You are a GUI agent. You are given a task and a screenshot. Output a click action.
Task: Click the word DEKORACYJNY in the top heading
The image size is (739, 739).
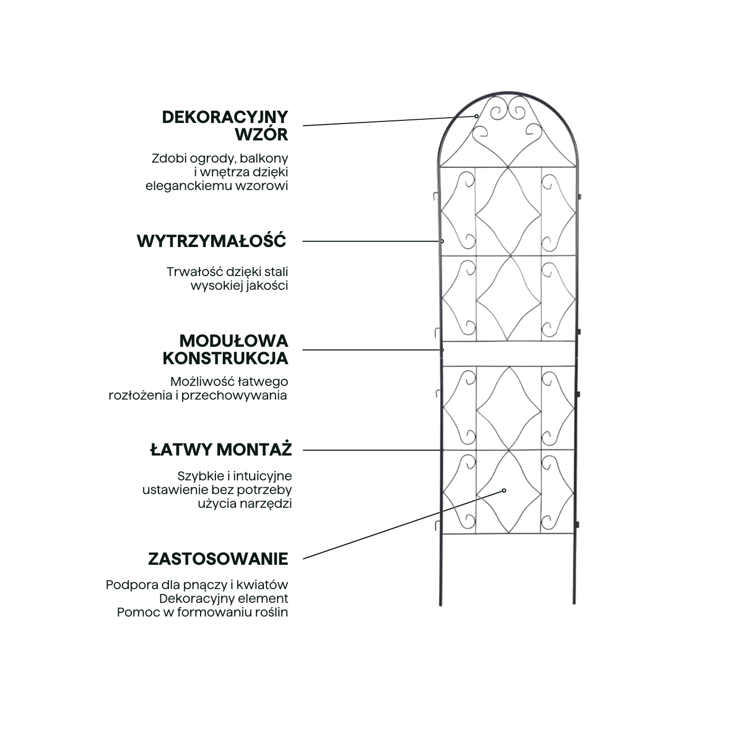click(x=225, y=117)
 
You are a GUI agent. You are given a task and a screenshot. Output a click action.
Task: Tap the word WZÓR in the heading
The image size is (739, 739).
click(x=262, y=135)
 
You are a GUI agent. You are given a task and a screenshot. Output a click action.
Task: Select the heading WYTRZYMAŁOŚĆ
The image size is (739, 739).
click(x=211, y=241)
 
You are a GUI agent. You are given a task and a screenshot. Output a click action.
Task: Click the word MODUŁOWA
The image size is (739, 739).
click(x=234, y=340)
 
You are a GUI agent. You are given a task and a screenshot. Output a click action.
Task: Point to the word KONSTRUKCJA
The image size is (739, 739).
click(x=225, y=358)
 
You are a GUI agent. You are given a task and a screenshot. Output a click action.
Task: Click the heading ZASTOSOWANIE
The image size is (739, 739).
click(x=218, y=559)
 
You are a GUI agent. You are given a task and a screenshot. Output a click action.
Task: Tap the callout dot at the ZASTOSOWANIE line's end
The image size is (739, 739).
click(x=504, y=490)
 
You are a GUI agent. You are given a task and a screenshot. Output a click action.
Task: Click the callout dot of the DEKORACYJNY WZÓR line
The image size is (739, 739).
click(x=476, y=116)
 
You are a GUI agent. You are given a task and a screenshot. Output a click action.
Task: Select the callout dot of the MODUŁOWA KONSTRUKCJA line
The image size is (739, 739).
click(x=442, y=349)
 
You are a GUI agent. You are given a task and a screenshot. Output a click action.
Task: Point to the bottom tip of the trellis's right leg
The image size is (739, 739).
click(x=574, y=602)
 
